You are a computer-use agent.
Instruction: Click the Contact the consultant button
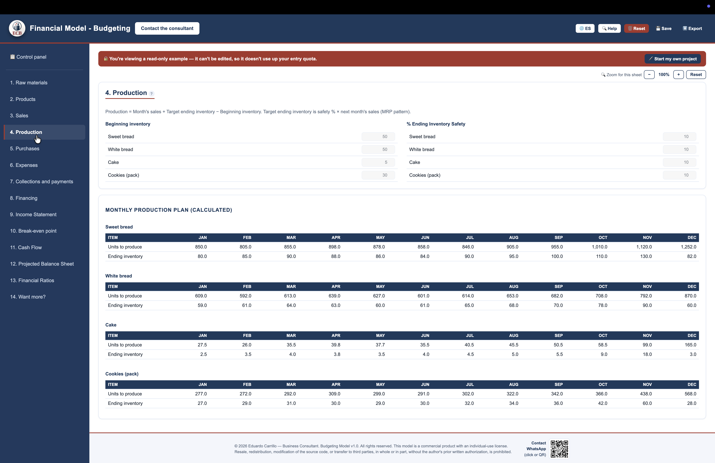click(167, 28)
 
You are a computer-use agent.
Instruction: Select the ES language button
click(585, 28)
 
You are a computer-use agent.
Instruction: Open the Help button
click(609, 28)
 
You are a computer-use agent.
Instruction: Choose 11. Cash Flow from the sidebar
click(26, 247)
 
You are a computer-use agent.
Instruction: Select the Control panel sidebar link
click(28, 57)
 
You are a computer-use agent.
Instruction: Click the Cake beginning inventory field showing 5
click(378, 162)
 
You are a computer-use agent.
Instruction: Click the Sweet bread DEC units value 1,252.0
click(688, 247)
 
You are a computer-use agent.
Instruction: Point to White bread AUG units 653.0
click(512, 296)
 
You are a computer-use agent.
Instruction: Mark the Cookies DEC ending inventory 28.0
click(692, 403)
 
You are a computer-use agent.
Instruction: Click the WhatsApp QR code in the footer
click(559, 449)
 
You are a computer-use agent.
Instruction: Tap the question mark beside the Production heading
click(151, 93)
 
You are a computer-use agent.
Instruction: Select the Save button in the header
click(664, 28)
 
